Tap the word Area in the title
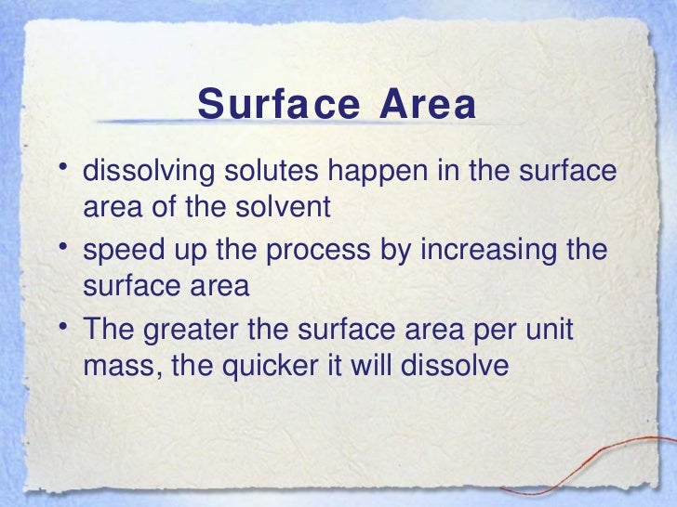click(x=429, y=105)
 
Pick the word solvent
click(x=284, y=206)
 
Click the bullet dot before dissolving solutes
click(x=60, y=168)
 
